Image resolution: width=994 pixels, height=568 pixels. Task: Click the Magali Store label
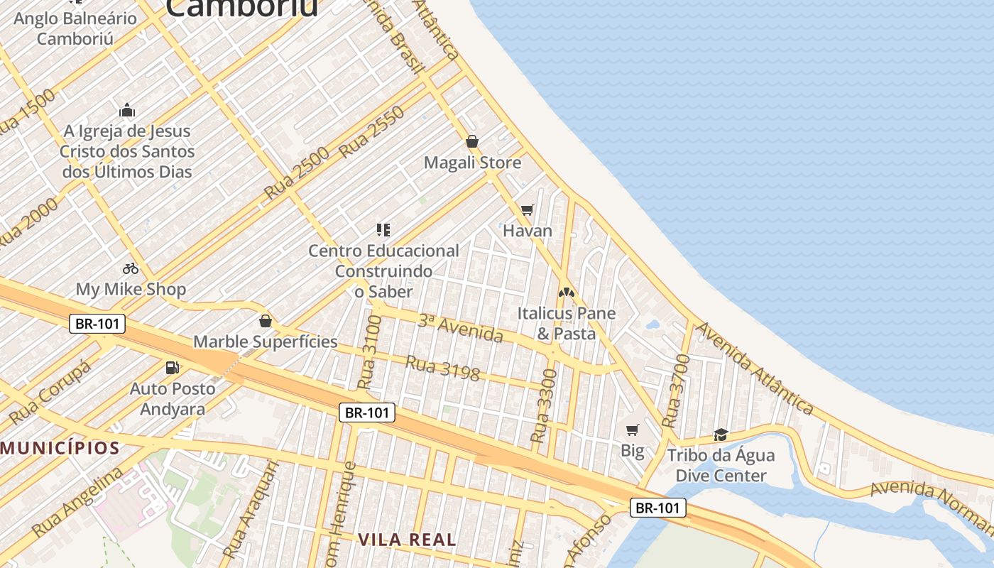tap(472, 163)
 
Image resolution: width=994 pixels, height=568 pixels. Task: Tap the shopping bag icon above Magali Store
tap(472, 141)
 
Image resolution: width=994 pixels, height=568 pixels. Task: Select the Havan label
tap(528, 231)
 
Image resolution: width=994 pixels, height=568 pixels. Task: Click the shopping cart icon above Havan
tap(527, 209)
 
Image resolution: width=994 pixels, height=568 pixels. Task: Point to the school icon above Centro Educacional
tap(383, 229)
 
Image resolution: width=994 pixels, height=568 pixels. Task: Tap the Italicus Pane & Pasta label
tap(566, 323)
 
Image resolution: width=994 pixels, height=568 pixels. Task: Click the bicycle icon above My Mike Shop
tap(131, 268)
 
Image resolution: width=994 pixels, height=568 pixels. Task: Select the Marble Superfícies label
tap(266, 342)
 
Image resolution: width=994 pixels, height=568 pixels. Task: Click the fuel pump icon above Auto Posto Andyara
tap(172, 367)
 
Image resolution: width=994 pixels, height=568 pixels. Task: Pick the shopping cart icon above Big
tap(632, 430)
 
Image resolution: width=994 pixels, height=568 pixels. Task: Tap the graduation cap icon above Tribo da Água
tap(721, 434)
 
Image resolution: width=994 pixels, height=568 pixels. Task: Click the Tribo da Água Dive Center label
tap(721, 465)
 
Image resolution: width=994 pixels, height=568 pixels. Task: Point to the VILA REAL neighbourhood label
tap(407, 540)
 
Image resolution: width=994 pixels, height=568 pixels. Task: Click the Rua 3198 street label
tap(442, 368)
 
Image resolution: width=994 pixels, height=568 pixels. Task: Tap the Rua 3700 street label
tap(676, 391)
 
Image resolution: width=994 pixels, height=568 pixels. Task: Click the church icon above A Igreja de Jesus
tap(127, 110)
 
